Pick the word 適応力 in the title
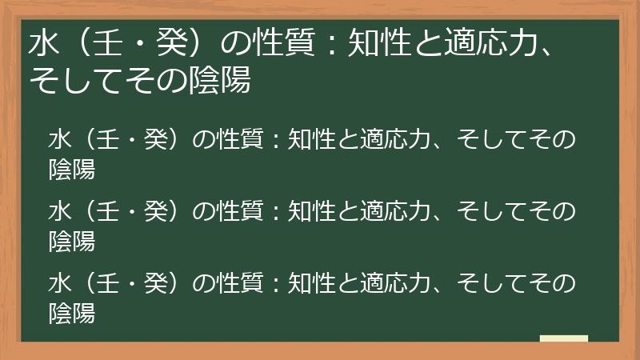click(489, 45)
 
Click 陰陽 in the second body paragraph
click(72, 240)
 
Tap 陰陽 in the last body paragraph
click(72, 312)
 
